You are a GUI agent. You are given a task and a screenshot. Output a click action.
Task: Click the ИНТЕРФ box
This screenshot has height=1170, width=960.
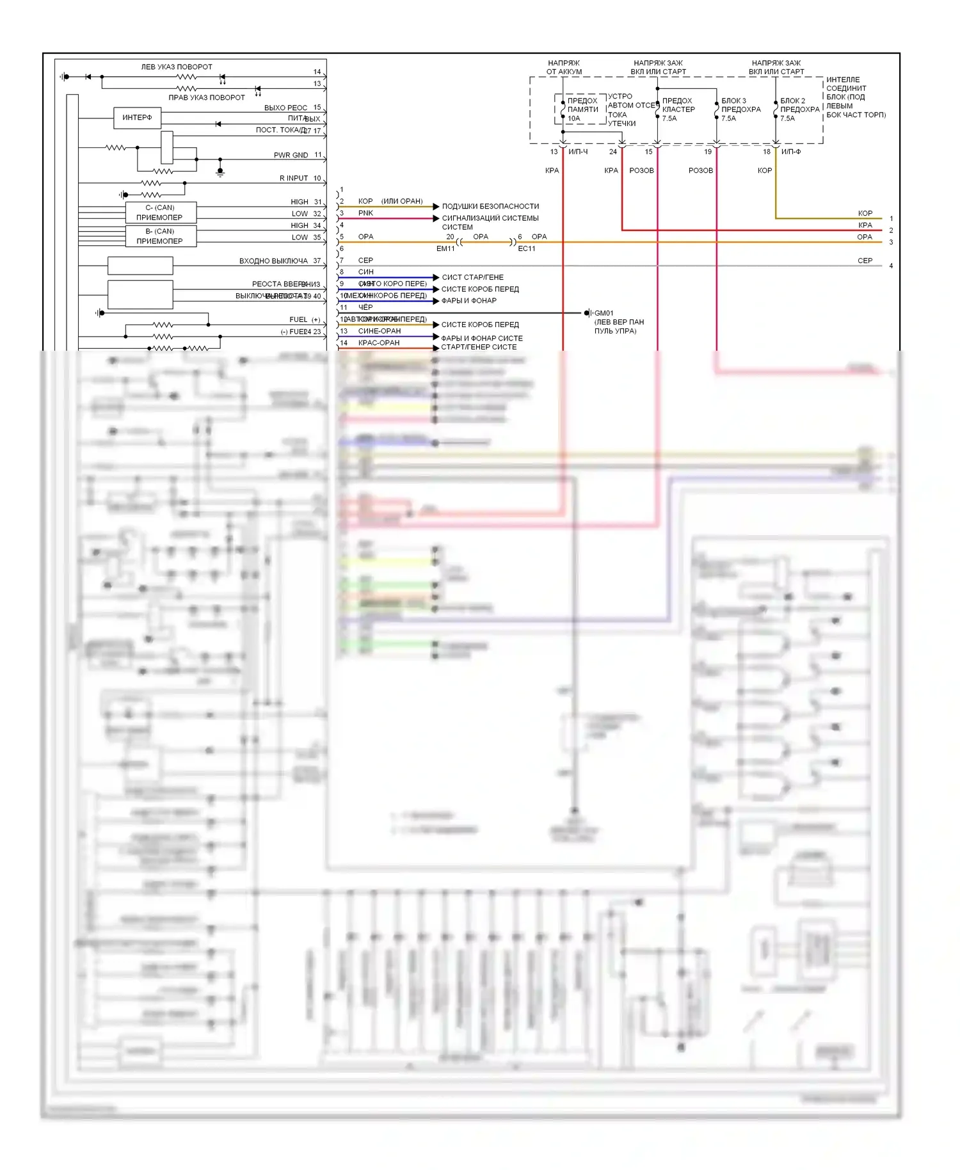137,118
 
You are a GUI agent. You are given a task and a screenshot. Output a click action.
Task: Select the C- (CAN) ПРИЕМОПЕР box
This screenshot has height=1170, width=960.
160,212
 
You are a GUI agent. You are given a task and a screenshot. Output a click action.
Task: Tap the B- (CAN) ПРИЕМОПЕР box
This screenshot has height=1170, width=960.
160,236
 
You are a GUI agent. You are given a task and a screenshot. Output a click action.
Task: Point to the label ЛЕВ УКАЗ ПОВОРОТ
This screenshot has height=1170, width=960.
177,67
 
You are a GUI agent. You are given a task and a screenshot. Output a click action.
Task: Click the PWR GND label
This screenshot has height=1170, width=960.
291,155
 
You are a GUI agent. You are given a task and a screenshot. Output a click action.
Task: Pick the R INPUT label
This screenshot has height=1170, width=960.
294,178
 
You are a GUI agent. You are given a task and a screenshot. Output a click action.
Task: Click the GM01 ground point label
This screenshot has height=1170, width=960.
604,313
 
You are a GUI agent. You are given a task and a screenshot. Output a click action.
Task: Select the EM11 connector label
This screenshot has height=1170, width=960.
445,248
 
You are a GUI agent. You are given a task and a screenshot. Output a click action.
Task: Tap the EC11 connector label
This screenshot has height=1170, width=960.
527,248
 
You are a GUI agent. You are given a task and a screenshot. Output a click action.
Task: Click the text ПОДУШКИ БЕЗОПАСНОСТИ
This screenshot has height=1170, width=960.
490,206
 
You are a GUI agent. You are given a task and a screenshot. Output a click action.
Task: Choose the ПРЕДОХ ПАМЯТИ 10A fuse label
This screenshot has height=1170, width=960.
582,109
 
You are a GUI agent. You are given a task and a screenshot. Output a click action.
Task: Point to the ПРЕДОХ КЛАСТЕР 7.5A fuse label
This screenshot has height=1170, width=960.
678,109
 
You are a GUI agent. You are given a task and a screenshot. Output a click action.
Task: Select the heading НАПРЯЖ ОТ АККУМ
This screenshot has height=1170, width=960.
564,67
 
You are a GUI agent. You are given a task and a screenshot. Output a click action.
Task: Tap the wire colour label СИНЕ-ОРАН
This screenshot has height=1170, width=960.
380,331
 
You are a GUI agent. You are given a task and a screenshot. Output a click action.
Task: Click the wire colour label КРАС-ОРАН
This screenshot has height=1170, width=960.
379,342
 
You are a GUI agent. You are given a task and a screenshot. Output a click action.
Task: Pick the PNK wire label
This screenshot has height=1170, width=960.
365,213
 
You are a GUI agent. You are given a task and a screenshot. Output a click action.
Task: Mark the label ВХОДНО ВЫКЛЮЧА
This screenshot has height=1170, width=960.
273,260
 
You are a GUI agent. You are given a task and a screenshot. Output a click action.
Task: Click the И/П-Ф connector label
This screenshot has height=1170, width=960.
791,152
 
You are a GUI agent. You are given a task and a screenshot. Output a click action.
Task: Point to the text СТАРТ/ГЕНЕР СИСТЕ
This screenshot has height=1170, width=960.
479,347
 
